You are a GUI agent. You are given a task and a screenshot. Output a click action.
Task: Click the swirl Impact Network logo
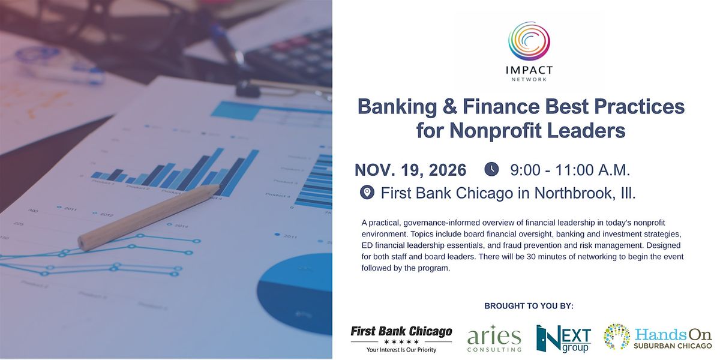pyautogui.click(x=529, y=41)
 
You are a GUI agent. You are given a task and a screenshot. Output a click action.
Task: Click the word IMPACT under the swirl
pyautogui.click(x=529, y=70)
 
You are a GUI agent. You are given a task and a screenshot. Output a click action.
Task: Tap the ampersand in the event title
pyautogui.click(x=449, y=107)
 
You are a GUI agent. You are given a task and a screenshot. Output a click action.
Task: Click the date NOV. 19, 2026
pyautogui.click(x=410, y=170)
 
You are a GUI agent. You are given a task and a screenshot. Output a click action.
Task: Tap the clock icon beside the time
pyautogui.click(x=491, y=169)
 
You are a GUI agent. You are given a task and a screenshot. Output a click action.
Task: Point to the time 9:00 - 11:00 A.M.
pyautogui.click(x=570, y=170)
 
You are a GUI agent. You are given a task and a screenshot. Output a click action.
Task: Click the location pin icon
pyautogui.click(x=367, y=193)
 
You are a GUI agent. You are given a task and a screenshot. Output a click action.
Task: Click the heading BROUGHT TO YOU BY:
pyautogui.click(x=529, y=306)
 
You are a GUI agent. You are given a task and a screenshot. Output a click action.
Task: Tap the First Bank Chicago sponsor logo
pyautogui.click(x=401, y=339)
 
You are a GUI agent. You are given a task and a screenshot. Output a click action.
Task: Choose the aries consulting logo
pyautogui.click(x=494, y=338)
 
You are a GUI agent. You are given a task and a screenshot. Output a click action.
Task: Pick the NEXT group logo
pyautogui.click(x=563, y=338)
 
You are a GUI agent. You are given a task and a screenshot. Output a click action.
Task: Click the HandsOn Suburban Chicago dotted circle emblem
pyautogui.click(x=617, y=337)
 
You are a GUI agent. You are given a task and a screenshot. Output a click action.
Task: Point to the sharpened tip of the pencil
pyautogui.click(x=218, y=187)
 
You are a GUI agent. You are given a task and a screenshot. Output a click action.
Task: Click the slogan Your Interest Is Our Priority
pyautogui.click(x=401, y=350)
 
